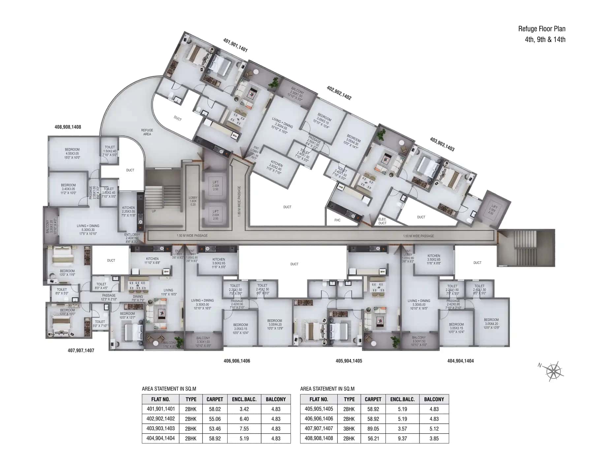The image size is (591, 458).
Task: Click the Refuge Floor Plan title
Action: point(542,29)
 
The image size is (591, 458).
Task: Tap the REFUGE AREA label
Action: point(147,132)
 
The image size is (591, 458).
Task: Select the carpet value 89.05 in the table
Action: point(373,429)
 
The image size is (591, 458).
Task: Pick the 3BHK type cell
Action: point(349,429)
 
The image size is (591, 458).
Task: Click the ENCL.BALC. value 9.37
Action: point(402,439)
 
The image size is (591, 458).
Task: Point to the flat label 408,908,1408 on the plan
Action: point(68,127)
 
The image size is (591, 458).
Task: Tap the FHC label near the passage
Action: point(337,220)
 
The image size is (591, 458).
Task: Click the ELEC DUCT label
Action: point(382,221)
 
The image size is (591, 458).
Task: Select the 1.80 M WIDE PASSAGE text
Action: point(239,201)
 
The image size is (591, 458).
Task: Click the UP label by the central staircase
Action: point(154,211)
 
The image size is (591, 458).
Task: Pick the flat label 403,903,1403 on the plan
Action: point(442,144)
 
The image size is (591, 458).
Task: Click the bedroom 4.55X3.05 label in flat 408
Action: point(72,153)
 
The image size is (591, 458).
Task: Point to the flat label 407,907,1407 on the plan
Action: point(81,350)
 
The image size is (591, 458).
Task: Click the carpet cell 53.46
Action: point(215,429)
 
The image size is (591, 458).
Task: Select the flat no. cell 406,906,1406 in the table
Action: point(319,419)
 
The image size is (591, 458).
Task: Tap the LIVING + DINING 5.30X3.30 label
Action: point(88,230)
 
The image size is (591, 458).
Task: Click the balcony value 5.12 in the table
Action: point(434,429)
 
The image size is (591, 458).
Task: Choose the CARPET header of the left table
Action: point(215,399)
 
